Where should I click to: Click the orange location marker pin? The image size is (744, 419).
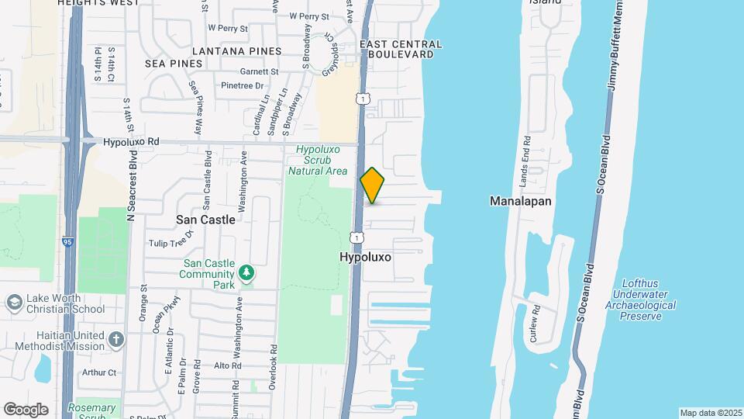point(373,185)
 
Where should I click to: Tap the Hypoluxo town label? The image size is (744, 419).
point(365,255)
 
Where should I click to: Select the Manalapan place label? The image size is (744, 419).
point(520,201)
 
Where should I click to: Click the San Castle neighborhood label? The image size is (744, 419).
point(205,220)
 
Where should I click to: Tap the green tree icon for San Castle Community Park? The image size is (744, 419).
point(246,272)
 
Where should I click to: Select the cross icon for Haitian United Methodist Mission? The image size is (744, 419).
point(115,339)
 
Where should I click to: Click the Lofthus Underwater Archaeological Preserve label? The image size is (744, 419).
point(643,300)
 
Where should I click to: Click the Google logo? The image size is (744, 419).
point(26,409)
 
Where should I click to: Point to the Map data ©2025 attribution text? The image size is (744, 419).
point(710,413)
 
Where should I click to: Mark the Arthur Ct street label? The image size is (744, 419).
point(98,372)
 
